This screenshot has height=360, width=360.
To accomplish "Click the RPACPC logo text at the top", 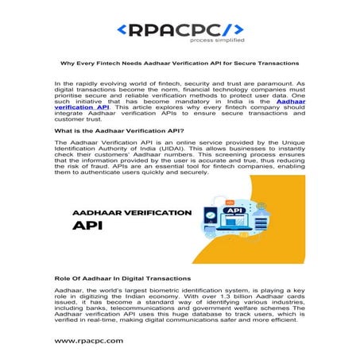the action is click(x=180, y=29).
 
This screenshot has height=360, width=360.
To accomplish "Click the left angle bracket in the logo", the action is click(x=121, y=30).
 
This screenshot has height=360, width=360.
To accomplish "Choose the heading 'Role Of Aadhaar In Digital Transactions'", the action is click(x=122, y=279).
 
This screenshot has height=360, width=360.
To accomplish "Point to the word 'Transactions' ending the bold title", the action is click(x=277, y=63).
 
